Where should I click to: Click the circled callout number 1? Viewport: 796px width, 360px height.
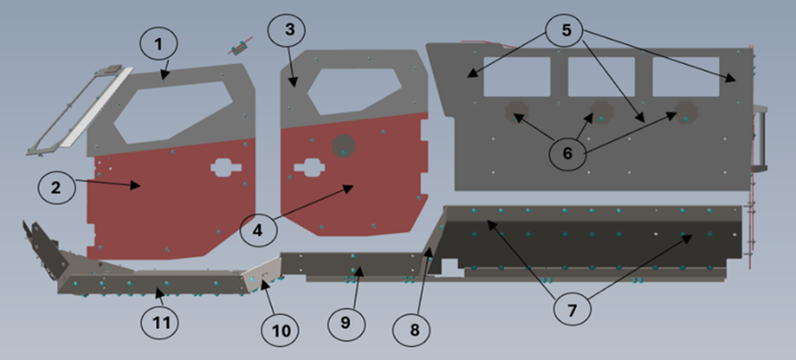point(159,45)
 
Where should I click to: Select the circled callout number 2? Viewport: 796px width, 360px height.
point(56,186)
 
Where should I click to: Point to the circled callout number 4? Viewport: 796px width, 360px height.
point(258,229)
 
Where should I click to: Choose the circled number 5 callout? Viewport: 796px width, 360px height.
point(566,30)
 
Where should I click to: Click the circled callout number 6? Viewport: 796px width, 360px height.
point(568,153)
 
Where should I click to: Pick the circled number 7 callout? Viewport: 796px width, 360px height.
point(572,308)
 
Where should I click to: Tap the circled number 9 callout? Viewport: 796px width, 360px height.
point(347,322)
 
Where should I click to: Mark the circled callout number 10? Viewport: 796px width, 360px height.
point(280,331)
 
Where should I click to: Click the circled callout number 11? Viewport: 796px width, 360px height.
point(160,321)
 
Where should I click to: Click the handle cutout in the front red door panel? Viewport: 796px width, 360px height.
point(226,167)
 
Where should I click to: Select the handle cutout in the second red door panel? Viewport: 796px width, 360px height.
point(309,167)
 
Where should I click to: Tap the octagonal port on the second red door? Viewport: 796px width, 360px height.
point(344,146)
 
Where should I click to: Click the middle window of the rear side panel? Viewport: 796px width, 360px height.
point(601,77)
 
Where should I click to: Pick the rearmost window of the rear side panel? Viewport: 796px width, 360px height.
point(685,77)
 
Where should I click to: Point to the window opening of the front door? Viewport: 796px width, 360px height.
point(173,112)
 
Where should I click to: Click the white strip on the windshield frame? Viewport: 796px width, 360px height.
point(97,107)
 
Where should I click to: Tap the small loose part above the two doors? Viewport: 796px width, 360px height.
point(241,47)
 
